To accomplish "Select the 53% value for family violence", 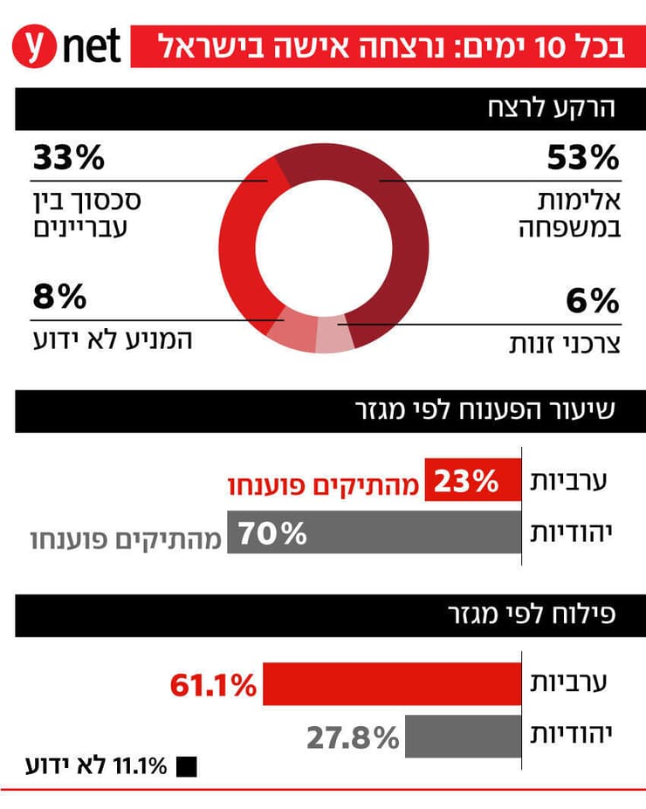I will [582, 158].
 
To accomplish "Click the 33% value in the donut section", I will [69, 158].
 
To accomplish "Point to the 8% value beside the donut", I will [59, 297].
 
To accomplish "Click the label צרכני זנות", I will [565, 343].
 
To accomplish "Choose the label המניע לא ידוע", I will [111, 337].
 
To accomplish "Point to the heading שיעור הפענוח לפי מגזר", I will [485, 411].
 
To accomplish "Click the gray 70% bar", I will [374, 532].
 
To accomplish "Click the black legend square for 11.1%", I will [186, 768].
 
